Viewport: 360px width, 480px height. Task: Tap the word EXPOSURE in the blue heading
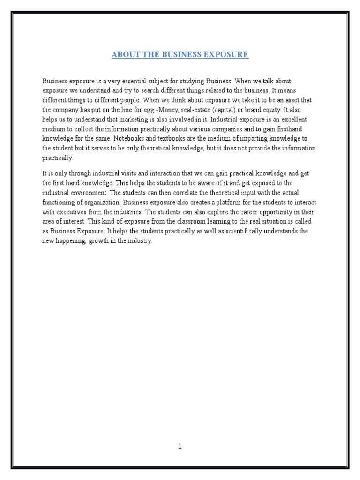tap(227, 55)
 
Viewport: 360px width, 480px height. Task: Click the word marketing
tap(135, 120)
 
